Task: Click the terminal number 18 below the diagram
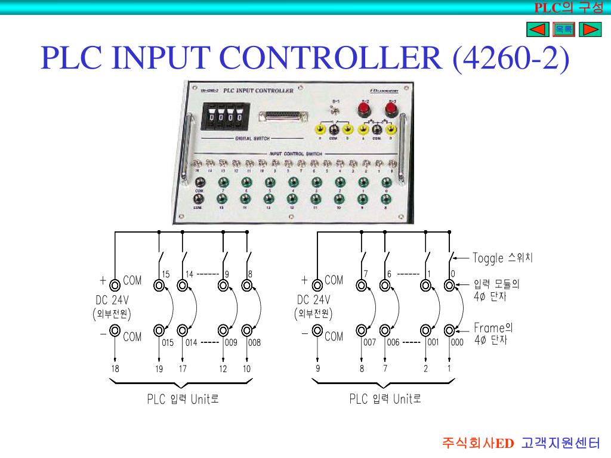click(x=115, y=369)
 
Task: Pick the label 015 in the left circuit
click(x=168, y=343)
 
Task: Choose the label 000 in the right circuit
click(x=457, y=343)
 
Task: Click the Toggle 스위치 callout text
click(x=502, y=258)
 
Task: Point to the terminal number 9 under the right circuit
click(x=318, y=369)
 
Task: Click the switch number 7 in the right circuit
click(x=366, y=274)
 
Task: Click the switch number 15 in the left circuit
click(x=166, y=274)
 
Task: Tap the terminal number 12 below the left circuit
click(x=223, y=369)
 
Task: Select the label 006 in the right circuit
click(x=393, y=343)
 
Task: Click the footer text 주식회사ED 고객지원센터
click(x=520, y=443)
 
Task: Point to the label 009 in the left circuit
click(x=232, y=343)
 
